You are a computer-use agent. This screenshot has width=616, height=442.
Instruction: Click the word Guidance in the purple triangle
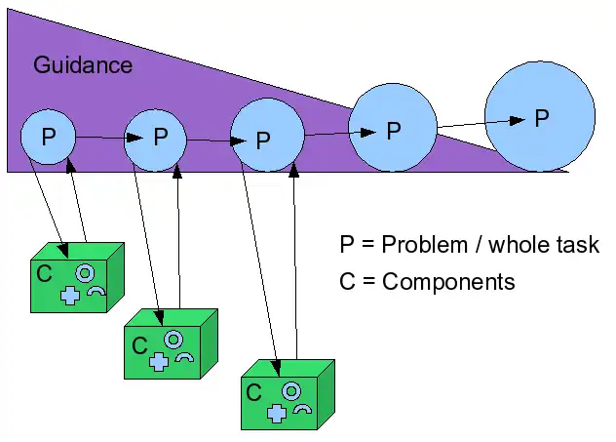[83, 65]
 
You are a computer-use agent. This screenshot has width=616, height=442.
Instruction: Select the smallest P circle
[47, 137]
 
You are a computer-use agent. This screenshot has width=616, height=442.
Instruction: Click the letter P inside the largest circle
[542, 118]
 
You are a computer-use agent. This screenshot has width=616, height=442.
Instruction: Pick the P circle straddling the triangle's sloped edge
[392, 128]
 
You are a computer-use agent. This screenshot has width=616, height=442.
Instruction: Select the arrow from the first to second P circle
[99, 138]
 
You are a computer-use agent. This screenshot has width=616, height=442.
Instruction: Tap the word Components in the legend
[448, 282]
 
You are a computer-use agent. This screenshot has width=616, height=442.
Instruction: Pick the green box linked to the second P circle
[171, 345]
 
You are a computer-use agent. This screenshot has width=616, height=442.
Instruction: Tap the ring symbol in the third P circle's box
[289, 391]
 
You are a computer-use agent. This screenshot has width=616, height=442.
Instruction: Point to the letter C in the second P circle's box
[138, 344]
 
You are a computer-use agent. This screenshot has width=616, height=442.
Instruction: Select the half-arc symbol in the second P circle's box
[184, 357]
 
